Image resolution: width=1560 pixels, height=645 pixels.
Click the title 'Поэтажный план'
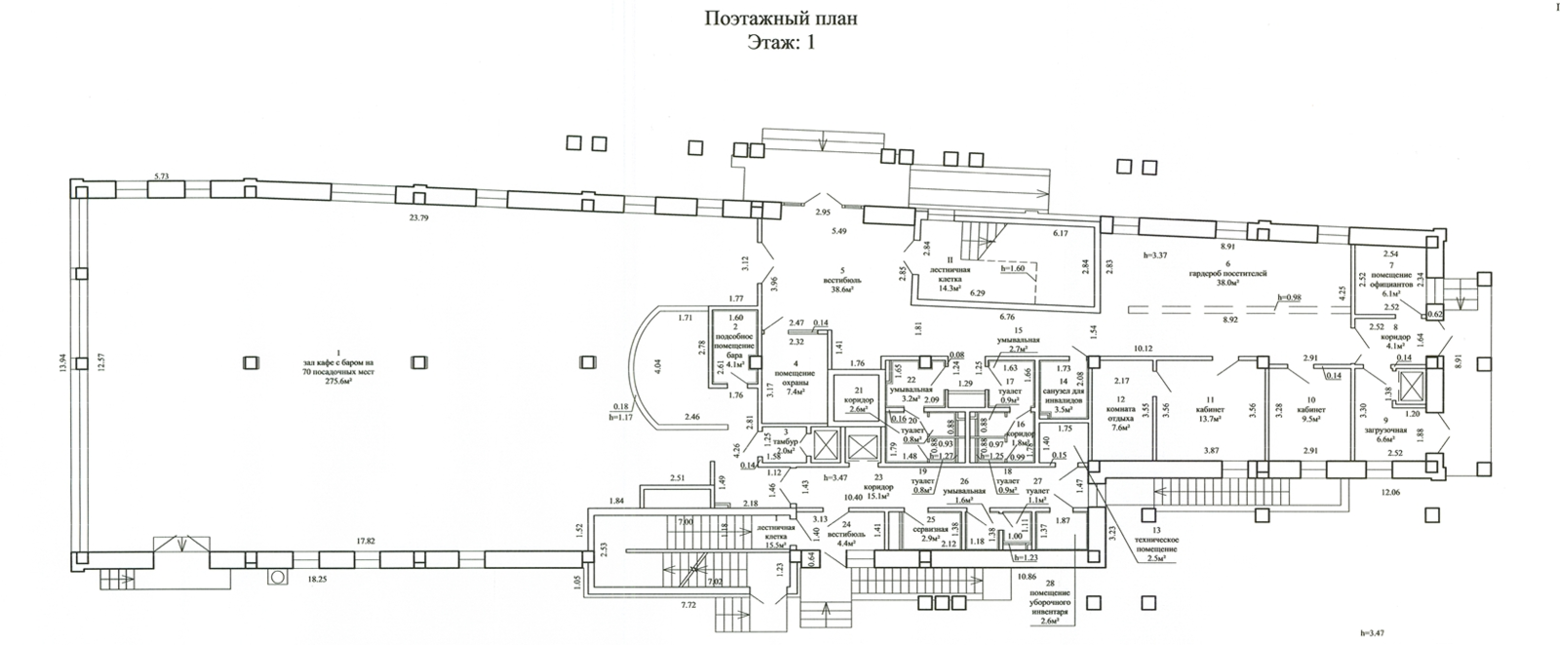point(780,19)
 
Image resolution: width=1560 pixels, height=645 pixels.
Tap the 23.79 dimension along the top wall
point(418,218)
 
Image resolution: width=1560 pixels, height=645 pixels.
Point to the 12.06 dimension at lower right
point(1391,494)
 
